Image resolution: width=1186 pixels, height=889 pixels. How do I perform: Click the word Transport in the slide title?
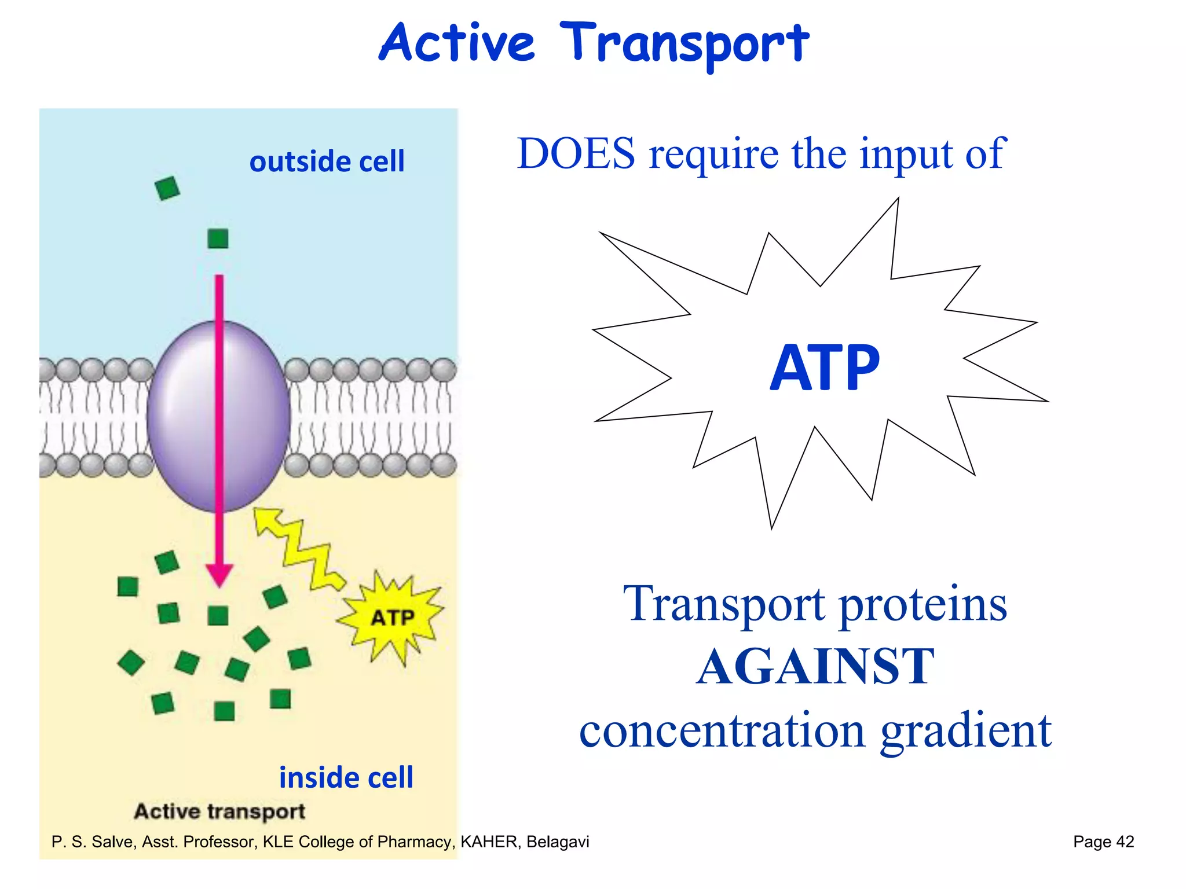[684, 43]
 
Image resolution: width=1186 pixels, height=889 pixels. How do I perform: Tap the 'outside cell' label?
[327, 161]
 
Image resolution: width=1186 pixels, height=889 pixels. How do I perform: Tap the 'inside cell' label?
[346, 777]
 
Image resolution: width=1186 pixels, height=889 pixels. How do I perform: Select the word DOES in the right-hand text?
[576, 154]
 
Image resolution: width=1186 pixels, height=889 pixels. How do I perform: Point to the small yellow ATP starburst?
[391, 617]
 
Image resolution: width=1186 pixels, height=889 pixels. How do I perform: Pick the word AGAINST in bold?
[815, 667]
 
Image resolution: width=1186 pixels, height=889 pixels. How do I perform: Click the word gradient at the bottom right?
[965, 731]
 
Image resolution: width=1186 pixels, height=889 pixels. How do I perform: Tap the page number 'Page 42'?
[1103, 842]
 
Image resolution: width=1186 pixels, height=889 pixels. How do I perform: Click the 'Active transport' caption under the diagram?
[219, 811]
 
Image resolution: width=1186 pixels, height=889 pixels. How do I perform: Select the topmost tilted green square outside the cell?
[167, 188]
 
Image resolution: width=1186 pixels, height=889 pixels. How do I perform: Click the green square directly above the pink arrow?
[218, 238]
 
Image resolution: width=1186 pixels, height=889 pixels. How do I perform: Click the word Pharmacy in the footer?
[415, 842]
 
